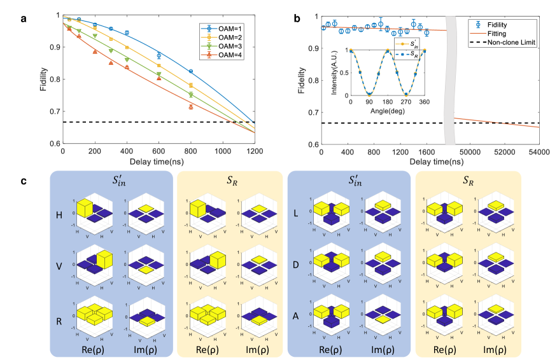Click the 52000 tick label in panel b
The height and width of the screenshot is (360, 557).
coord(504,153)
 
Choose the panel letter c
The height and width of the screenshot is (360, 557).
coord(23,181)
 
